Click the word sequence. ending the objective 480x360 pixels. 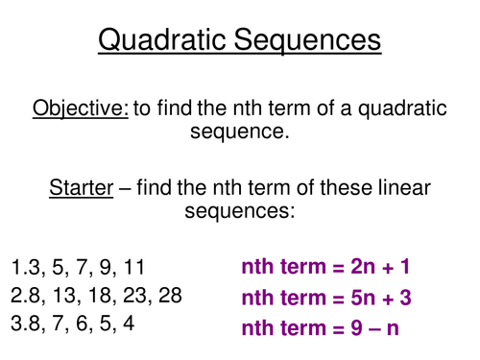[240, 133]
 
